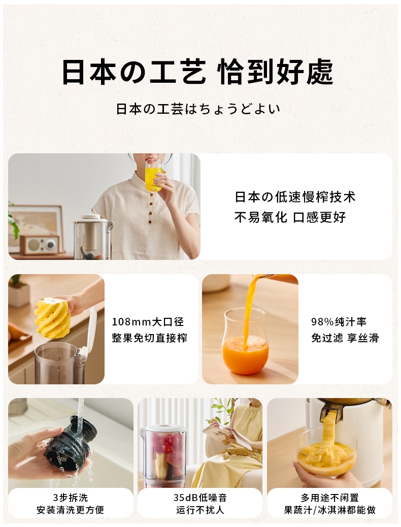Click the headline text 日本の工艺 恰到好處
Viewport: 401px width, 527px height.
coord(197,72)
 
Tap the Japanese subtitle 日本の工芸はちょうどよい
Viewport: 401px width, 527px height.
coord(198,109)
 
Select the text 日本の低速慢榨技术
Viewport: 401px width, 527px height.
coord(295,197)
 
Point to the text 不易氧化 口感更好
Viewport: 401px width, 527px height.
coord(290,217)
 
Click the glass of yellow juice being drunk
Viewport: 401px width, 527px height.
coord(154,175)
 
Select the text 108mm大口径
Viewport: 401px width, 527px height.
coord(148,322)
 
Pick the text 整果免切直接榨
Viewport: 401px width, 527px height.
coord(149,338)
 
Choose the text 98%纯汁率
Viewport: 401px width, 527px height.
coord(339,322)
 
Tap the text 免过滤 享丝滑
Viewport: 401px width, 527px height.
coord(345,338)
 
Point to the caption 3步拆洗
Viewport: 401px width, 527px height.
coord(70,498)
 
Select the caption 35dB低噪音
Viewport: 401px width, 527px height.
coord(200,498)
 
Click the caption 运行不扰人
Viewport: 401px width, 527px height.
coord(200,510)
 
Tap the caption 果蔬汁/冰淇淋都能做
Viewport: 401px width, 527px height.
coord(329,510)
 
